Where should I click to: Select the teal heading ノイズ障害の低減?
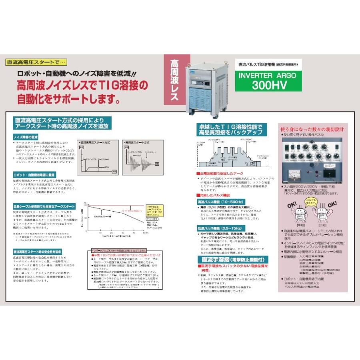[x=26, y=137]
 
